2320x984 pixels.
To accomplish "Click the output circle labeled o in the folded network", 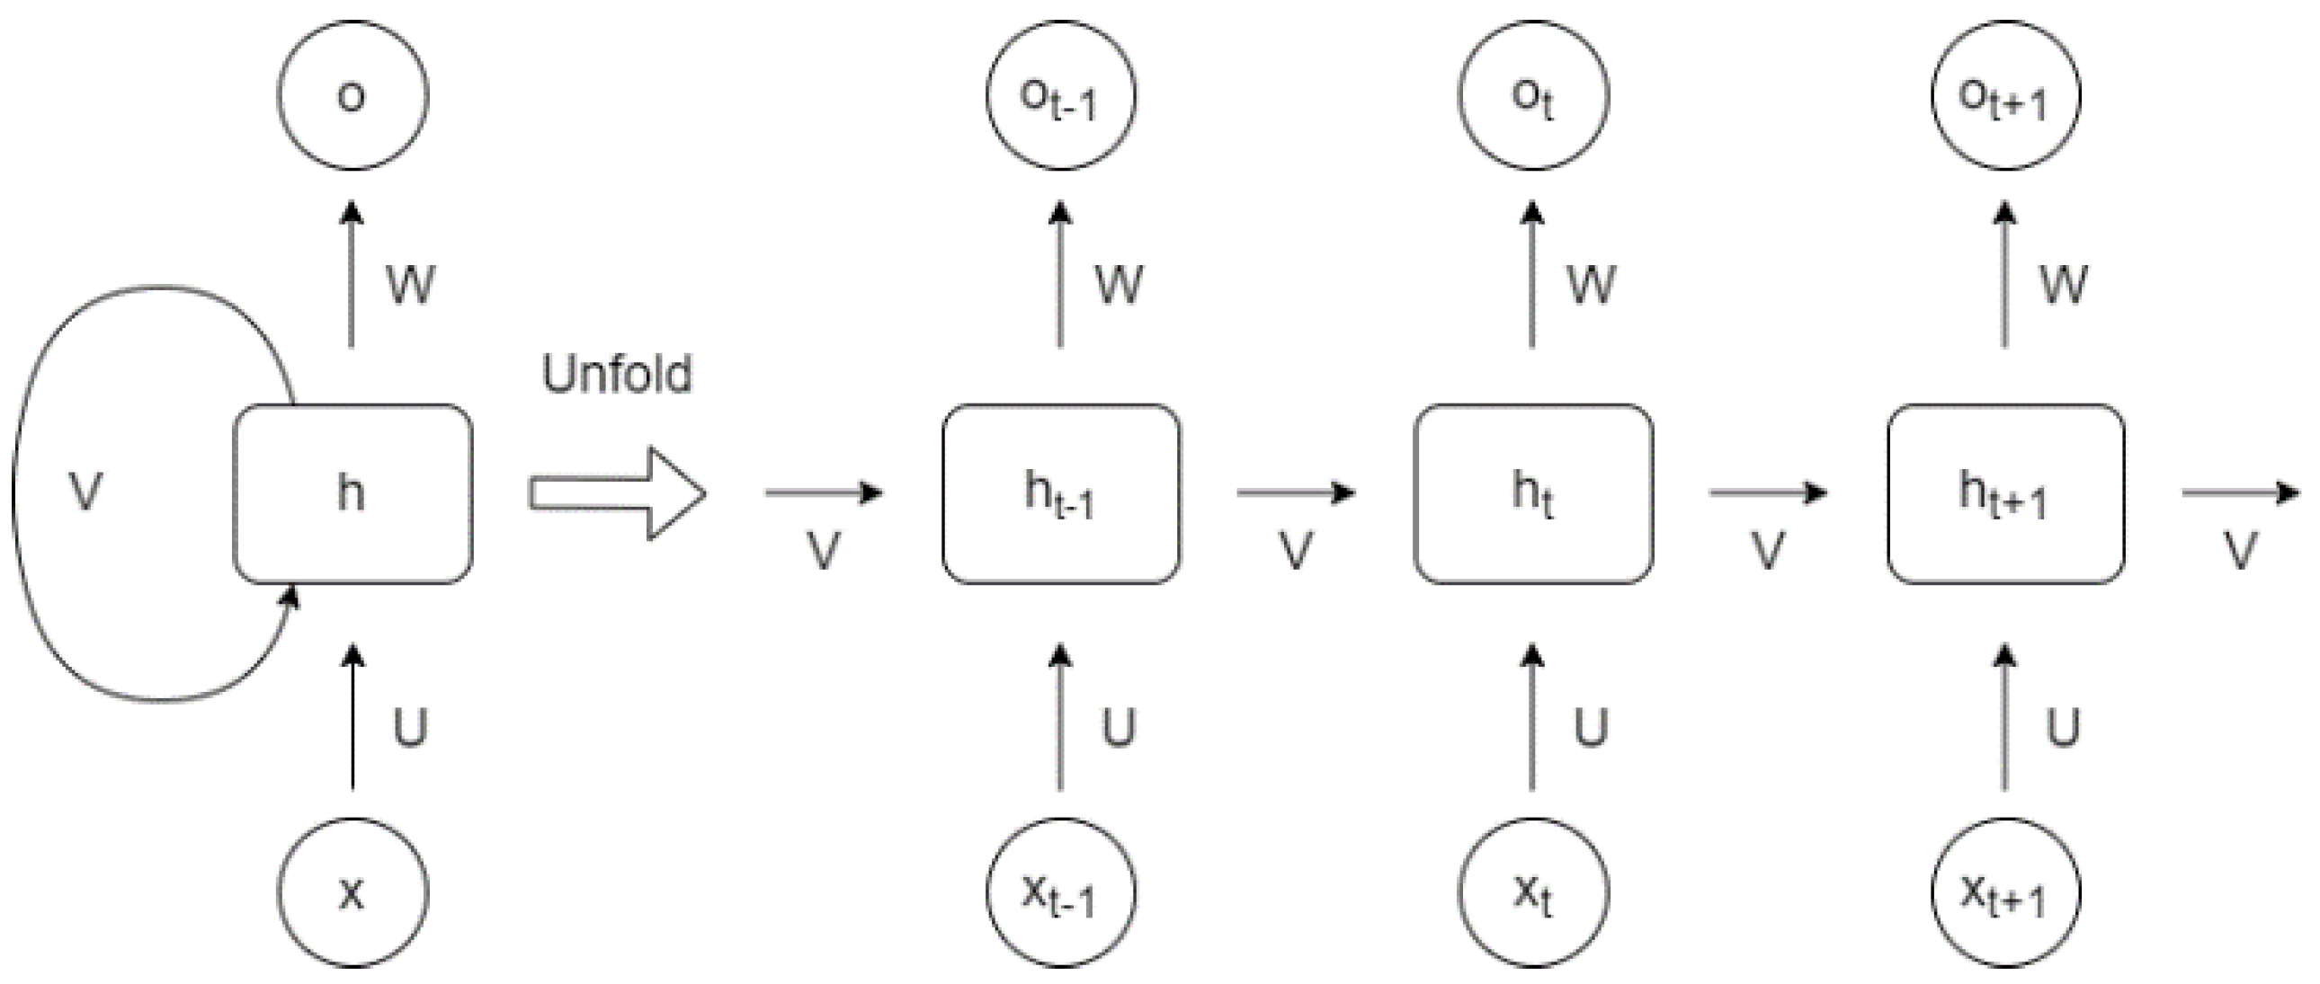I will (352, 95).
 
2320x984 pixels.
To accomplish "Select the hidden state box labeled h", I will (352, 494).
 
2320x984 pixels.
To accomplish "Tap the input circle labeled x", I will (352, 892).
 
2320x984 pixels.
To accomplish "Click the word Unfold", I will (617, 374).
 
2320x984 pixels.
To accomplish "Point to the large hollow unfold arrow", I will (617, 493).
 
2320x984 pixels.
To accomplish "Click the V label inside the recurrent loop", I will (85, 492).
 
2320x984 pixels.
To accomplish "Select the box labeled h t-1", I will (1061, 494).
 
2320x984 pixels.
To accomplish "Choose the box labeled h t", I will (1533, 494).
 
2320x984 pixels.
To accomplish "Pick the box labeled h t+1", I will (2005, 494).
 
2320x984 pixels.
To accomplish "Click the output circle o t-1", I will (1061, 95).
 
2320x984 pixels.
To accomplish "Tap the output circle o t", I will (1533, 95).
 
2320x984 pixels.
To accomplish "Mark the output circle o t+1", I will (2005, 95).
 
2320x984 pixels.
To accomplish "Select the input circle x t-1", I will (1061, 892).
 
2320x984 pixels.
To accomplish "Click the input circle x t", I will (1533, 892).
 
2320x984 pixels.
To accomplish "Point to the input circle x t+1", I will (2005, 892).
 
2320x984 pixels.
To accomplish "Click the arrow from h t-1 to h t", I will (1296, 492).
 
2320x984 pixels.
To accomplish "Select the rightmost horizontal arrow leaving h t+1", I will (2240, 492).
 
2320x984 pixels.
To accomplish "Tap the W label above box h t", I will (1592, 285).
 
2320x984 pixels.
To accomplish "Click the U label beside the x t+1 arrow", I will (2064, 727).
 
